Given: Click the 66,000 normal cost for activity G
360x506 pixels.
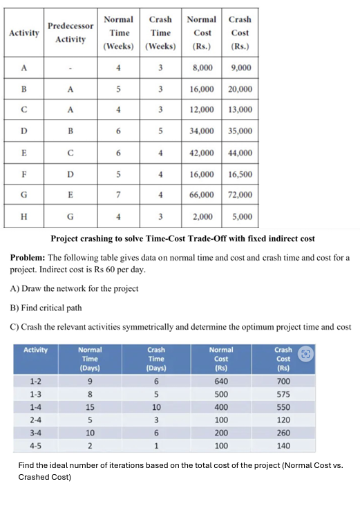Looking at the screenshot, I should [x=202, y=195].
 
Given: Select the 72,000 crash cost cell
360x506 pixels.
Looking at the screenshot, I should [x=240, y=195].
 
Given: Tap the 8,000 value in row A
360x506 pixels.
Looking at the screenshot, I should [x=202, y=68].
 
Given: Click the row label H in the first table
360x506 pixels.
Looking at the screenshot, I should [x=23, y=216].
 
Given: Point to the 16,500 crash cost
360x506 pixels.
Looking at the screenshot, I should [x=240, y=174].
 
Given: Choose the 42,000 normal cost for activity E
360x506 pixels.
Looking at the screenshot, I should [x=202, y=153].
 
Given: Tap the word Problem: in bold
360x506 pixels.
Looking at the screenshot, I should [x=28, y=257].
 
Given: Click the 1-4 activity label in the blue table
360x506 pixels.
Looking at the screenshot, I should [x=35, y=406].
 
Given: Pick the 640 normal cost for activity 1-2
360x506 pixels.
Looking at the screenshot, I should [x=221, y=381].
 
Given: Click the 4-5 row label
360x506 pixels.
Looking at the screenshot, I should [x=35, y=445].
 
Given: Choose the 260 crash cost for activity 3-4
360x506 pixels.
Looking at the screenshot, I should [x=283, y=432].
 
